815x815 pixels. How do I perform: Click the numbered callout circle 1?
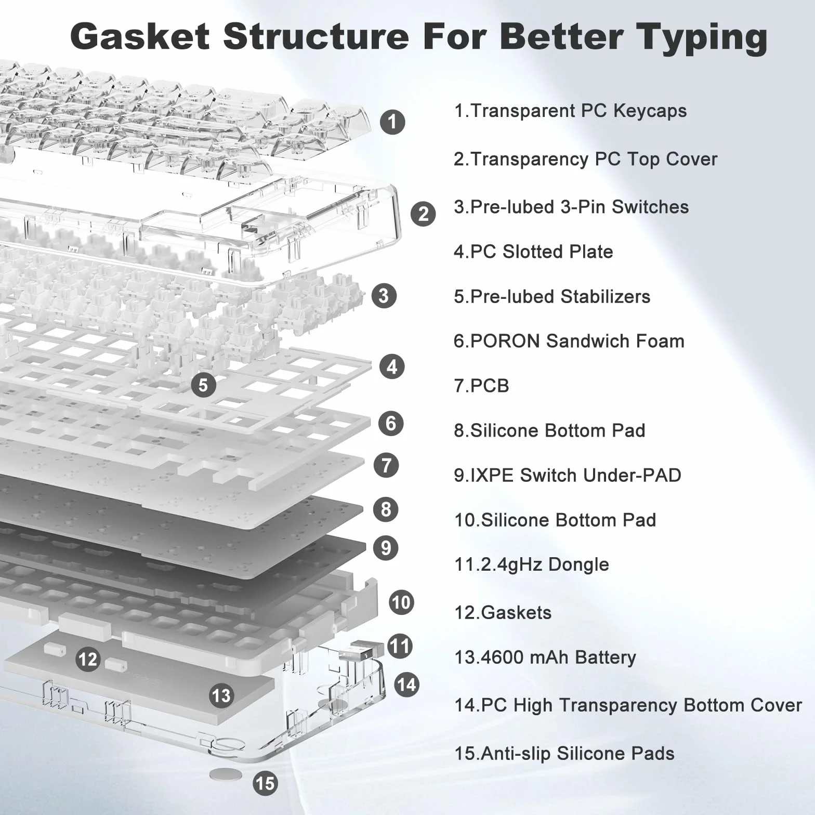pos(392,122)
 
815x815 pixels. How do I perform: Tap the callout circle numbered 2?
pos(423,214)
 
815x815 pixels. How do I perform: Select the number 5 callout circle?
pos(203,385)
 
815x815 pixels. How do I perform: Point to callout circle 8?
pos(386,509)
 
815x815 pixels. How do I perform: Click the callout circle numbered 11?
pos(400,646)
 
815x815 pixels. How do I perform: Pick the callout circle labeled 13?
pos(221,695)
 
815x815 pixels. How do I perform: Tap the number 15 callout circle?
pos(265,783)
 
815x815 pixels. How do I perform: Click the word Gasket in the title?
pos(140,37)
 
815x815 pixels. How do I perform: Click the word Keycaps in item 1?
pos(650,111)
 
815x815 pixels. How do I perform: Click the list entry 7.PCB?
pos(481,386)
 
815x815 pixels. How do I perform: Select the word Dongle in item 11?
pos(579,565)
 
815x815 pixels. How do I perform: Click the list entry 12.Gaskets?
pos(503,612)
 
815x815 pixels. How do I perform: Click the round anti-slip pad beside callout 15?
pos(226,774)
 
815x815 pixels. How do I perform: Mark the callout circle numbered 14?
pos(406,684)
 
